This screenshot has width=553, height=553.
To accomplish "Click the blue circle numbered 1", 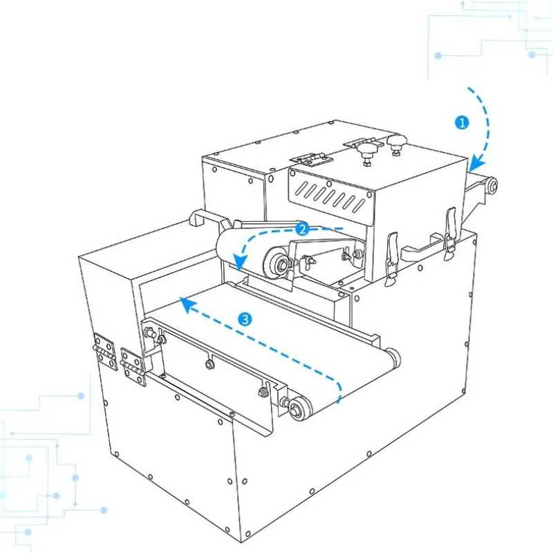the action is point(462,123).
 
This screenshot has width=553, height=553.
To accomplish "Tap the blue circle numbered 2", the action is point(302,229).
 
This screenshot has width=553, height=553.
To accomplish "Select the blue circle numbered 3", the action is point(245,319).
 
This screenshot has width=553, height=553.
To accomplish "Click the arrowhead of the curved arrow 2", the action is point(241,262).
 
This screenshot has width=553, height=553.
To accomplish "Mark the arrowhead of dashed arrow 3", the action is point(186,305).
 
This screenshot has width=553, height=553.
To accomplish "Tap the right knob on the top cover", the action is point(396,144).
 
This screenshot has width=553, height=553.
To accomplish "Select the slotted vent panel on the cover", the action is point(331,195).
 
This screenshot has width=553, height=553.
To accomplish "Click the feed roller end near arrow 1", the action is point(491,185).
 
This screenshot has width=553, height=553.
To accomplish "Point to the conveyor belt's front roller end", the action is point(299,409).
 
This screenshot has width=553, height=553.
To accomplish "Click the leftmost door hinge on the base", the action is point(105,352).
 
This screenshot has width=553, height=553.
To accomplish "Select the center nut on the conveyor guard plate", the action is point(209,363).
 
